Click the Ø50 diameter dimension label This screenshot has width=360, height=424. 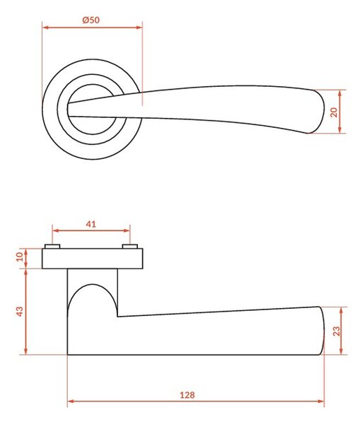pyautogui.click(x=91, y=20)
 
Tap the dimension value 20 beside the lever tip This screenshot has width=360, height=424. pyautogui.click(x=335, y=112)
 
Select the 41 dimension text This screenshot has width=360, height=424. pyautogui.click(x=91, y=224)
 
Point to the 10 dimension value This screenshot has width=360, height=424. pyautogui.click(x=20, y=257)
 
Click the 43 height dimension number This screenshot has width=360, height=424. pyautogui.click(x=20, y=312)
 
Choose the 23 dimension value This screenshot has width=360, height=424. pyautogui.click(x=336, y=331)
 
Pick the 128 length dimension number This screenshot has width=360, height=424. pyautogui.click(x=187, y=395)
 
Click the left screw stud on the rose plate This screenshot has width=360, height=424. pyautogui.click(x=52, y=247)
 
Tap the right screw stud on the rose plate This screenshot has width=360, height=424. pyautogui.click(x=130, y=247)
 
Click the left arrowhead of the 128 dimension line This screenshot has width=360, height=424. pyautogui.click(x=71, y=401)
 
